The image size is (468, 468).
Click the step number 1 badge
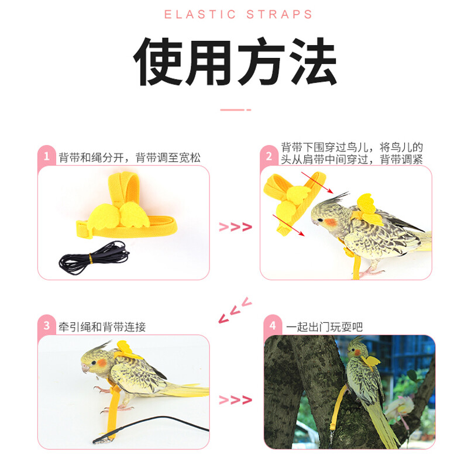[x=46, y=156]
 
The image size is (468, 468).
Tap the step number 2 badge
[x=269, y=156]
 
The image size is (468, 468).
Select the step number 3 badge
[x=46, y=325]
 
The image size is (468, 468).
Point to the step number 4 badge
[x=273, y=325]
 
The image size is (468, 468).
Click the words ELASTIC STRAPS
[x=238, y=14]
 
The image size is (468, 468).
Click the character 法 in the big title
[x=313, y=61]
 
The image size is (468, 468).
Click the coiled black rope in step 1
[x=94, y=257]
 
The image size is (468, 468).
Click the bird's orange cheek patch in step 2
[x=330, y=222]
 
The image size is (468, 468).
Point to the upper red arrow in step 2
[x=317, y=183]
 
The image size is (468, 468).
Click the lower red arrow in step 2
[x=289, y=225]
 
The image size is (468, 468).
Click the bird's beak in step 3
[x=85, y=369]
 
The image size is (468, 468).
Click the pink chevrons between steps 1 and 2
[x=236, y=227]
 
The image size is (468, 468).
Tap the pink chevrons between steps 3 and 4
[x=236, y=400]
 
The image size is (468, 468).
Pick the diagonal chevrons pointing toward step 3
[x=235, y=310]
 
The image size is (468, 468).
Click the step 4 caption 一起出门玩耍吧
[x=324, y=327]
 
